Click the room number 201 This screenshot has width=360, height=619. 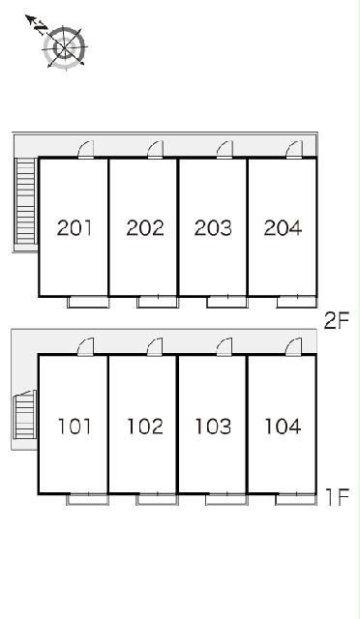[75, 228]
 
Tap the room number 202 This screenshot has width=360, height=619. [144, 228]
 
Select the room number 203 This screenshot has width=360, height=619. [213, 228]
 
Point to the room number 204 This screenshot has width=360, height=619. [283, 228]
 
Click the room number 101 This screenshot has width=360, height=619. [75, 427]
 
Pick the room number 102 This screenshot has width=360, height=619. [144, 427]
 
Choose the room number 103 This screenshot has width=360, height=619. [213, 427]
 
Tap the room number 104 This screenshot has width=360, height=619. [283, 427]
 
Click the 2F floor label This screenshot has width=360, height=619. [337, 320]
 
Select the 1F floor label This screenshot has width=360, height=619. [338, 497]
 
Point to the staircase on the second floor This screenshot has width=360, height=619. [26, 201]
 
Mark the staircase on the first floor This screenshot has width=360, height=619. [25, 415]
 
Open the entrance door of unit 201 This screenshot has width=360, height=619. [86, 150]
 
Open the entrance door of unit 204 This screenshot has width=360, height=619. [294, 150]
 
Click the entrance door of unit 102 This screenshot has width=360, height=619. [155, 347]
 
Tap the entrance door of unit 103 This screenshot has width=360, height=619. [225, 347]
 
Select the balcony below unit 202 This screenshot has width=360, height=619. [158, 302]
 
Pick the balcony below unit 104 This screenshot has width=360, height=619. [296, 499]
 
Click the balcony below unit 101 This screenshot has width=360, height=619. [87, 499]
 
